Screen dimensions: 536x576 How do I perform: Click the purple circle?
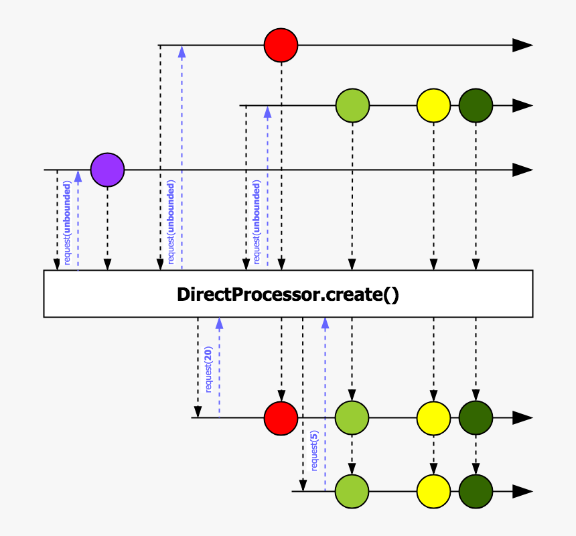tap(107, 170)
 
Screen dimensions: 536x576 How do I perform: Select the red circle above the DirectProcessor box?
tap(281, 46)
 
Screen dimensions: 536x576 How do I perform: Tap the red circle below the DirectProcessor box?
tap(281, 417)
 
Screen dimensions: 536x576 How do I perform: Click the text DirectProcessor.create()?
tap(288, 294)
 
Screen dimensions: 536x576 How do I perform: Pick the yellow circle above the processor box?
tap(433, 106)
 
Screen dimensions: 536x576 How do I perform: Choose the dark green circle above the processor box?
tap(476, 106)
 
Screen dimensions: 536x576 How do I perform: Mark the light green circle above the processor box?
tap(352, 106)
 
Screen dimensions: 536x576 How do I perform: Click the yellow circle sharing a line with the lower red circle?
tap(433, 417)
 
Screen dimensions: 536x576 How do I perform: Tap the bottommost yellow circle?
tap(433, 491)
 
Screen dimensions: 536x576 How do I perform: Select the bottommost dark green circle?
tap(476, 491)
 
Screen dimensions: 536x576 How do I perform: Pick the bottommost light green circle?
tap(352, 491)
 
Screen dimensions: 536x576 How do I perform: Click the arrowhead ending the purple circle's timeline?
tap(522, 170)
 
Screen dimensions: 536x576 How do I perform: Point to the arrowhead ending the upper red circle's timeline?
tap(522, 46)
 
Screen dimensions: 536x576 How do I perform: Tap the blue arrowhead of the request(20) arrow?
tap(219, 322)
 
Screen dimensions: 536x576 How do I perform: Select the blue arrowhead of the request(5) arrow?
tap(325, 322)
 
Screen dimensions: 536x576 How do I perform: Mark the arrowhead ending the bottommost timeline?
tap(522, 491)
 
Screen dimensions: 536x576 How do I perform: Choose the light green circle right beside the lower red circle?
tap(352, 417)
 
